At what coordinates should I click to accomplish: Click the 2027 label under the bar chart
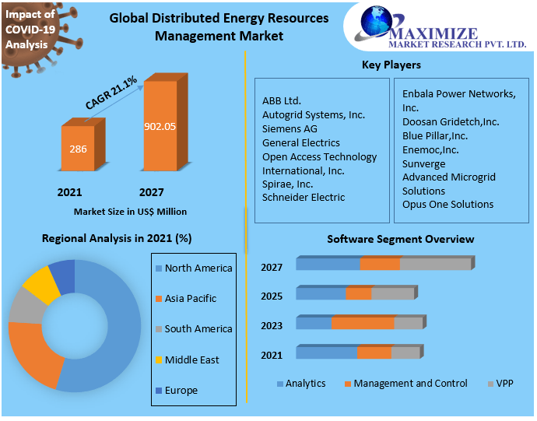[x=151, y=191]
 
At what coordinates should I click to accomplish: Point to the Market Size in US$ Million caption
[x=130, y=211]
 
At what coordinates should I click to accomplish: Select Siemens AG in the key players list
[x=290, y=128]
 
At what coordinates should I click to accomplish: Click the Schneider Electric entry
[x=304, y=197]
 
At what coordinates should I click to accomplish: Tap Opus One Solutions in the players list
[x=447, y=204]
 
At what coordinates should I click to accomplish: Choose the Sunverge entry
[x=423, y=163]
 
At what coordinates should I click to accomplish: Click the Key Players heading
[x=391, y=65]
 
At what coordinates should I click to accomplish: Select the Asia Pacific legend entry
[x=190, y=298]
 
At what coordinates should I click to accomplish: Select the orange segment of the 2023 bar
[x=363, y=323]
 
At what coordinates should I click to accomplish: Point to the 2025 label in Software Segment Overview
[x=272, y=296]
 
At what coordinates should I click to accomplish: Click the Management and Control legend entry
[x=410, y=384]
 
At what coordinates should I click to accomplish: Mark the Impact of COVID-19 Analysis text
[x=30, y=30]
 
